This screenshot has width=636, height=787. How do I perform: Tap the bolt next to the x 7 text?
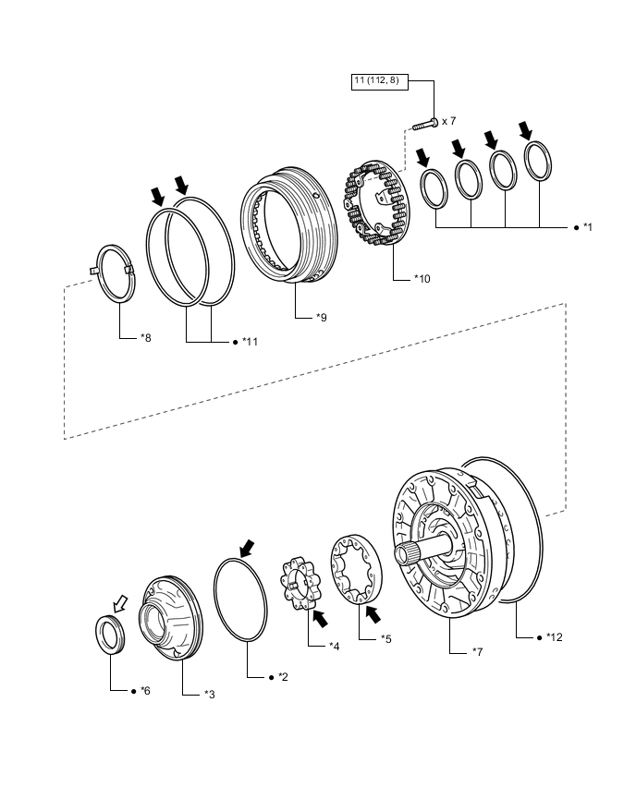click(425, 121)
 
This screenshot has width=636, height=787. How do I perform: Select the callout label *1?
click(587, 227)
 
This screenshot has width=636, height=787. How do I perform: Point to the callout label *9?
click(320, 318)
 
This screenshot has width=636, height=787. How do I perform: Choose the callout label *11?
click(250, 342)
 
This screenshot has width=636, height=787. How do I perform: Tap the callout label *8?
click(145, 338)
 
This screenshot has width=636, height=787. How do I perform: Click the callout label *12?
click(554, 636)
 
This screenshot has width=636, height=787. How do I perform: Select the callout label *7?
click(478, 652)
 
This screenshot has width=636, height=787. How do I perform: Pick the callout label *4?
click(335, 645)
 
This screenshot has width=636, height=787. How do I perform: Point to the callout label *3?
click(210, 693)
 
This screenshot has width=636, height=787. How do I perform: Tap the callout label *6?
click(144, 690)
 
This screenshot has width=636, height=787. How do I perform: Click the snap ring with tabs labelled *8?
click(117, 272)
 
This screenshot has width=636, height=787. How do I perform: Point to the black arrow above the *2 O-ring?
click(247, 549)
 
